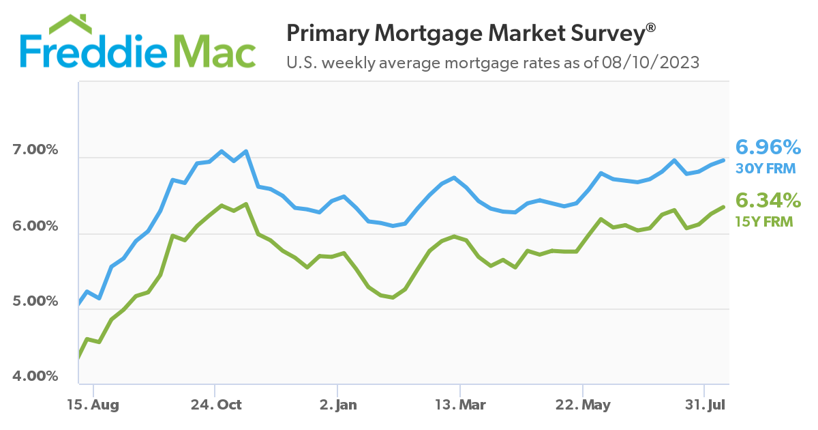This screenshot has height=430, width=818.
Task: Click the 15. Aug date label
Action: [93, 405]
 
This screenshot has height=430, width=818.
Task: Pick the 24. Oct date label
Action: [215, 405]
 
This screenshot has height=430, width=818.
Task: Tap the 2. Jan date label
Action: [337, 405]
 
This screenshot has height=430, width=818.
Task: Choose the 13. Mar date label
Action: [460, 405]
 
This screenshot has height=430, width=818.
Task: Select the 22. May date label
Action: [584, 405]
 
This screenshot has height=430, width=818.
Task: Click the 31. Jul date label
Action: [706, 405]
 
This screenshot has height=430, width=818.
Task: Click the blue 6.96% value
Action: [768, 147]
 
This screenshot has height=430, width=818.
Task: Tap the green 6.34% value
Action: [768, 200]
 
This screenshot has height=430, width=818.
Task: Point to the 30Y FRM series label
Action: [765, 168]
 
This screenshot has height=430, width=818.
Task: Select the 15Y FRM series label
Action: [764, 220]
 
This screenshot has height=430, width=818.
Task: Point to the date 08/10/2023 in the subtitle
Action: [650, 63]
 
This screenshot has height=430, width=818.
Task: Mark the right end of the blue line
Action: [723, 160]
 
